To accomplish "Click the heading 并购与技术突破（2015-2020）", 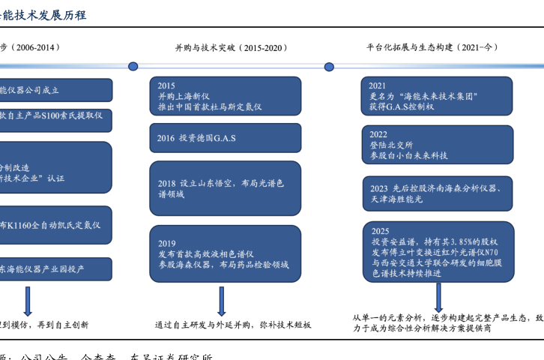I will tap(231, 47).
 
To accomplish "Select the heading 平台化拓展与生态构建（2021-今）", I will tap(433, 47).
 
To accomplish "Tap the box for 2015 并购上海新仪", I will tap(225, 96).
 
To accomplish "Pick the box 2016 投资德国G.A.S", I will tap(225, 138).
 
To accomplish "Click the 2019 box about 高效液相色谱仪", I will tap(225, 254).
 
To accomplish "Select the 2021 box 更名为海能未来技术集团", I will tap(438, 96).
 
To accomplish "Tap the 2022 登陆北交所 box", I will tap(438, 145).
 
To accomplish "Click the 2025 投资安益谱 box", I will tap(438, 253).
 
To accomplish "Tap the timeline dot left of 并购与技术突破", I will tap(133, 66).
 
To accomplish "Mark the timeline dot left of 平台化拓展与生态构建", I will tap(329, 66).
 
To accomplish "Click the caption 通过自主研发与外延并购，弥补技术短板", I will tap(232, 325).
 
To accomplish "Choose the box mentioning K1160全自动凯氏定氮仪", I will tap(56, 224).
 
